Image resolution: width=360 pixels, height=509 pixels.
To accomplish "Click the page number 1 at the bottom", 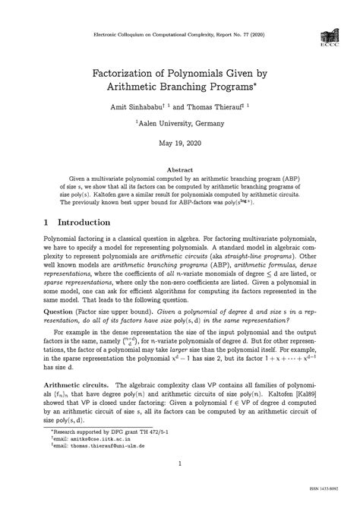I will point(179,484).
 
